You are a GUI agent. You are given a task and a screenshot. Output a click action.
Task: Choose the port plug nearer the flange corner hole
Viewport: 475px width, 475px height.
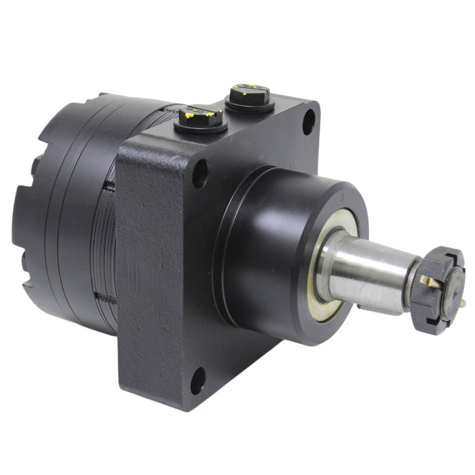(x=249, y=96)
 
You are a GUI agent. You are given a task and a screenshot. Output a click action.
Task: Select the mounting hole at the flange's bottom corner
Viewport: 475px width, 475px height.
(x=197, y=381)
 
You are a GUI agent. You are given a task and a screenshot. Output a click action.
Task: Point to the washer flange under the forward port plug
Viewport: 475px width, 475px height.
(x=249, y=107)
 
